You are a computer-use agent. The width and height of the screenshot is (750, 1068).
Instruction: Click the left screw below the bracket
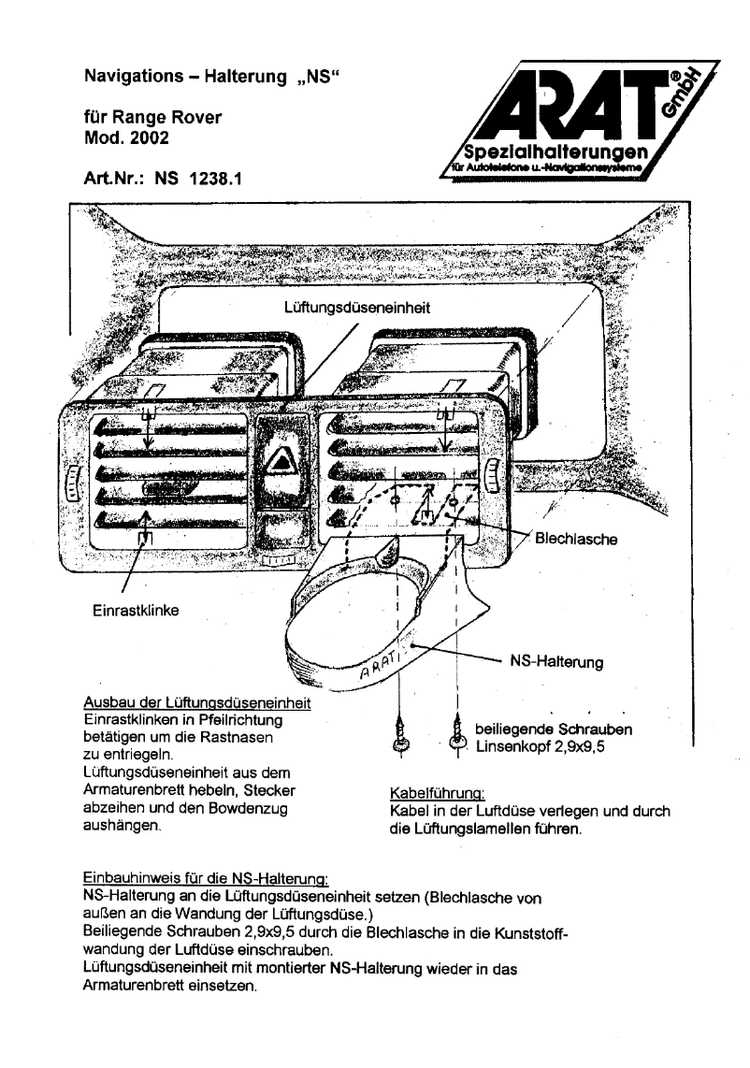pos(400,738)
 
